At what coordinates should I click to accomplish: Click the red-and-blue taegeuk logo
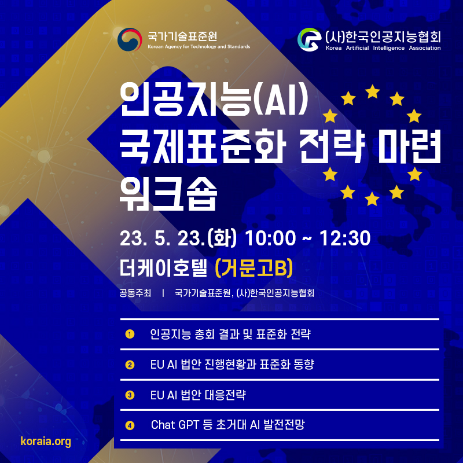tap(130, 39)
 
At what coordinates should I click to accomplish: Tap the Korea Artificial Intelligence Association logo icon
tap(309, 39)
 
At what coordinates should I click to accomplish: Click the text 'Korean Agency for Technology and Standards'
tap(199, 47)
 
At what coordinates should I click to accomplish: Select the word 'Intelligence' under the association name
tap(388, 48)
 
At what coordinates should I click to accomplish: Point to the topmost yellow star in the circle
tap(372, 91)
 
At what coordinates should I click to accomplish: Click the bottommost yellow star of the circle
tap(372, 199)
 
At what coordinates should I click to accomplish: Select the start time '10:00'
tap(270, 238)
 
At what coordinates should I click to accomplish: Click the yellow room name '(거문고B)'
tap(254, 268)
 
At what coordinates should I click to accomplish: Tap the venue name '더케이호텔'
tap(163, 268)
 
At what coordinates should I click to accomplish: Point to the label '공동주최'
tap(135, 293)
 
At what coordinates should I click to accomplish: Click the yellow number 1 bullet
tap(130, 335)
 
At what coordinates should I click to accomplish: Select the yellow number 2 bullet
tap(130, 365)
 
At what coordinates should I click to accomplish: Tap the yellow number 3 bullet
tap(130, 395)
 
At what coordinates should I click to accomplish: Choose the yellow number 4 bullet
tap(130, 425)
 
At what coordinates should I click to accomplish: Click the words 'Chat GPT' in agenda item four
tap(175, 425)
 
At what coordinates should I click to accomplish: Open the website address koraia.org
tap(46, 441)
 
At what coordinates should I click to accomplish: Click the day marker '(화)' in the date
tap(222, 238)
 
